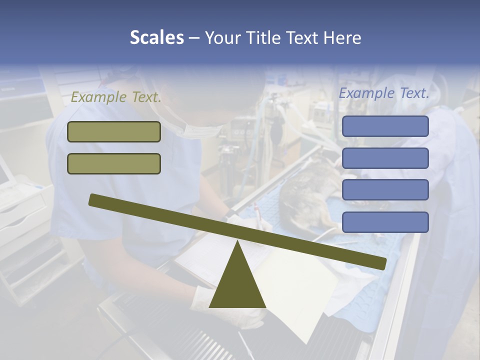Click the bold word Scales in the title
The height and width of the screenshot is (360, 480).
click(x=156, y=37)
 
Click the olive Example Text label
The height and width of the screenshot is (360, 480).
click(x=116, y=97)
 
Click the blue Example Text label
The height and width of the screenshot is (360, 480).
click(x=384, y=93)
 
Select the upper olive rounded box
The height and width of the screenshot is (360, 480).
click(x=114, y=131)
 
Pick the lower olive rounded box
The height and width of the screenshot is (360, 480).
click(x=114, y=163)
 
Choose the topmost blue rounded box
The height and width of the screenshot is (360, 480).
click(x=385, y=126)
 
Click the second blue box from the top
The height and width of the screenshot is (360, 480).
click(x=385, y=158)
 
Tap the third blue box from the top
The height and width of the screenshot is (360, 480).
click(x=385, y=190)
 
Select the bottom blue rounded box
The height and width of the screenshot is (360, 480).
click(x=385, y=222)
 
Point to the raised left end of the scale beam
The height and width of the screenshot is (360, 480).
click(x=95, y=199)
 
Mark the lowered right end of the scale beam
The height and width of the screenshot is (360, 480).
click(x=380, y=263)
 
